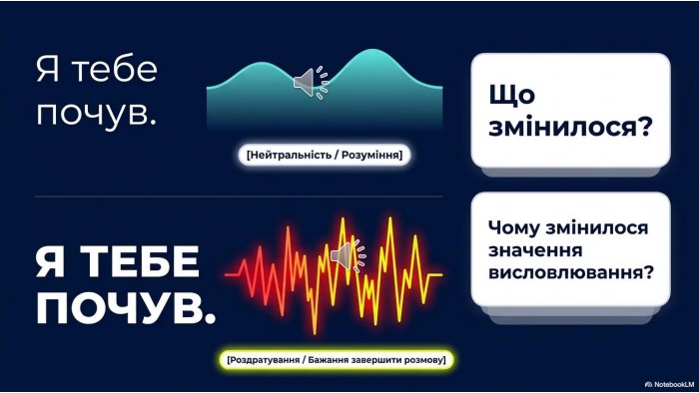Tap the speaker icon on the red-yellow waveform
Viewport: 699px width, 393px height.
tap(349, 256)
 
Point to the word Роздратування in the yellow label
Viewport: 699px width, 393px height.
tap(265, 360)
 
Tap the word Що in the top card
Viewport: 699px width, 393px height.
tap(511, 95)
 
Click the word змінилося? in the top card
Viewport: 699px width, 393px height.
tap(570, 128)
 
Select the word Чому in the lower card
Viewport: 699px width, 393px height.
tap(514, 227)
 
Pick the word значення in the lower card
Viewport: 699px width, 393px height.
tap(535, 250)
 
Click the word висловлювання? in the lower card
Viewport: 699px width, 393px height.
tap(571, 272)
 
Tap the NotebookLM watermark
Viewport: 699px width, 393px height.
tap(669, 385)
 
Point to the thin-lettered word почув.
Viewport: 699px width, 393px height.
tap(96, 114)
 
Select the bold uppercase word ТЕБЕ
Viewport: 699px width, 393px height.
tap(142, 261)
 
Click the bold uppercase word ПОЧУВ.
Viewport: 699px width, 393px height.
tap(125, 308)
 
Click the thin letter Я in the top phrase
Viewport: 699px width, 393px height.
tap(48, 70)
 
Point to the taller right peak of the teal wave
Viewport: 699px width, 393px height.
tap(373, 51)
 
